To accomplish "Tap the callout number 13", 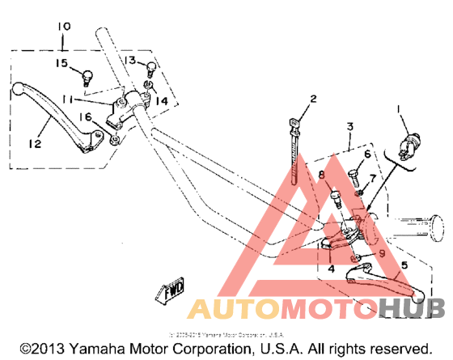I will pyautogui.click(x=129, y=61).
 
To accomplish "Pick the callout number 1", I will pyautogui.click(x=397, y=108).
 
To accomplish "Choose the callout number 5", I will pyautogui.click(x=404, y=264).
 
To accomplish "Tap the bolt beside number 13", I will pyautogui.click(x=150, y=69).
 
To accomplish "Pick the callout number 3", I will pyautogui.click(x=349, y=127).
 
